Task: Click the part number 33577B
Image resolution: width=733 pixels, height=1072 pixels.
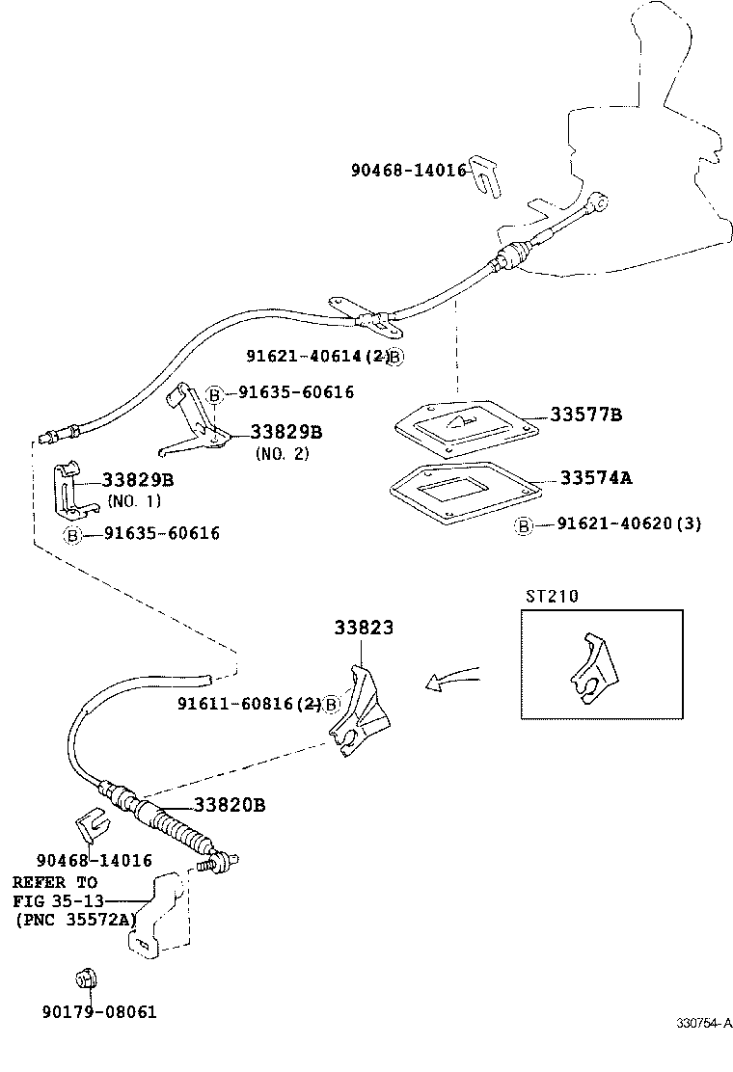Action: coord(585,415)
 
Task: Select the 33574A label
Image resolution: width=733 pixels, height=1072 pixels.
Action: coord(596,477)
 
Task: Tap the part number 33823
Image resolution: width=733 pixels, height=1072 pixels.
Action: coord(364,628)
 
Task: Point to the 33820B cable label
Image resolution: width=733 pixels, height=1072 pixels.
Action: coord(229,805)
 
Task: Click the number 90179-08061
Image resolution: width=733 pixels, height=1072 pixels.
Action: coord(98,1011)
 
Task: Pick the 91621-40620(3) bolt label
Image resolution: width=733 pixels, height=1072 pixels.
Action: coord(629,524)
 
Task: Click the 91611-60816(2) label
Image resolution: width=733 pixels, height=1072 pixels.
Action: coord(249,704)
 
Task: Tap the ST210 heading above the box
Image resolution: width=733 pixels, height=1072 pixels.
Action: coord(552,596)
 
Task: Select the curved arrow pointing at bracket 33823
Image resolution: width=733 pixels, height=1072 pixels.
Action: coord(454,680)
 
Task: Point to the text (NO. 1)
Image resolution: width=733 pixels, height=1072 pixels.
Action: coord(134,500)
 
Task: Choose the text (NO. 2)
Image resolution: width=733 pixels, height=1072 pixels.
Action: coord(282,453)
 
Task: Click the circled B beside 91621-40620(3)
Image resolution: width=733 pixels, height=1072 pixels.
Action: coord(524,525)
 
